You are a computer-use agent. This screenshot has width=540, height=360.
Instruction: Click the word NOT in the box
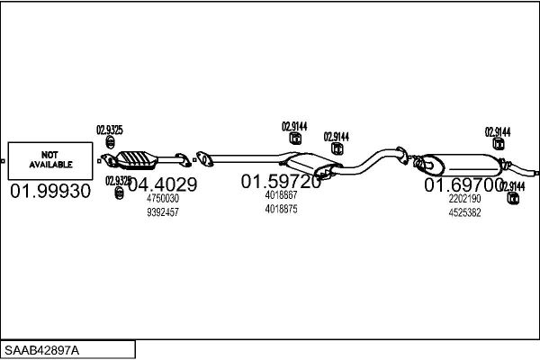click(x=49, y=155)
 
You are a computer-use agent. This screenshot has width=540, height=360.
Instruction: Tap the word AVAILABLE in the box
click(x=50, y=165)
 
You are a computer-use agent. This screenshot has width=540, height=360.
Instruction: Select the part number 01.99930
click(x=50, y=191)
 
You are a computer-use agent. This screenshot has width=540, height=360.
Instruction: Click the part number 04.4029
click(x=163, y=184)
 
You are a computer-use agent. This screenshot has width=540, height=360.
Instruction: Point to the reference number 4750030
click(x=163, y=198)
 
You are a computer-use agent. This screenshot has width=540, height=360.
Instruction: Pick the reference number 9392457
click(x=163, y=212)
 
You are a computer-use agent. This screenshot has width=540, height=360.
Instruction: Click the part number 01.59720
click(x=281, y=182)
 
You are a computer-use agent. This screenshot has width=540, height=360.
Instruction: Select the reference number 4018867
click(x=281, y=195)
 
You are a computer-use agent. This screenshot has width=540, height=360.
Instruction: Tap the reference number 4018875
click(x=281, y=209)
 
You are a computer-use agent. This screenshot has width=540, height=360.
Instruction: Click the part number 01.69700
click(x=463, y=185)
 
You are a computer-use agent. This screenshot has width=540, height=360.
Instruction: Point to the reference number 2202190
click(x=464, y=199)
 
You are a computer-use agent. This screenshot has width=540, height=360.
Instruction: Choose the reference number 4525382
click(x=464, y=212)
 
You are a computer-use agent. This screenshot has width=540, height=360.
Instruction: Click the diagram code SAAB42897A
click(x=41, y=351)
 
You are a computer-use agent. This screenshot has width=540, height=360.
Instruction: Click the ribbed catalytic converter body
click(x=137, y=160)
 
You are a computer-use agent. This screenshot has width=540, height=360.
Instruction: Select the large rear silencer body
click(x=462, y=165)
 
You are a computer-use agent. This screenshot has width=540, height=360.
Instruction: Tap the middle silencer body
click(x=311, y=165)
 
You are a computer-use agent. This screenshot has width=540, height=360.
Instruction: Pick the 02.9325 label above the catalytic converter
click(x=110, y=130)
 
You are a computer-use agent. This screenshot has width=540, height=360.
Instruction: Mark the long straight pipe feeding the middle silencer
click(x=247, y=158)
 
